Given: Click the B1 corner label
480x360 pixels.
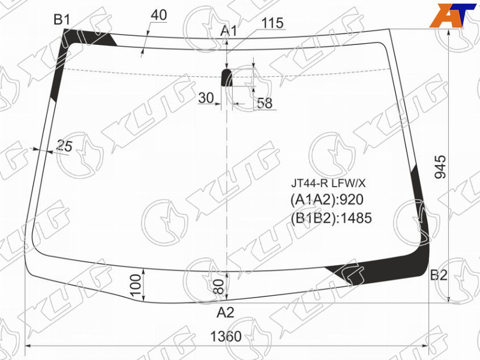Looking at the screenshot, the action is point(62,20).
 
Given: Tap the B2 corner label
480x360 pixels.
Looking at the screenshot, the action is point(439,275).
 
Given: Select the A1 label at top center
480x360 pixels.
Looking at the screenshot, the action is point(229,31).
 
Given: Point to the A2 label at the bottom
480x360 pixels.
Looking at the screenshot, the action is point(226,313).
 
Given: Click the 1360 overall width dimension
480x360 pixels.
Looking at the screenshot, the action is point(226,337).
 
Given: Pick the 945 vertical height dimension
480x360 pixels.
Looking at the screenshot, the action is point(441,167).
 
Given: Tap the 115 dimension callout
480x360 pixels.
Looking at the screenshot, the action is point(272,23).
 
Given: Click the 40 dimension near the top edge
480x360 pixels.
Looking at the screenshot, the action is point(159,14).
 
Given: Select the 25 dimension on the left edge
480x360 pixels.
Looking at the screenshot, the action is point(65,146).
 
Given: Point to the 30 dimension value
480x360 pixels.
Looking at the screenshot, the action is point(206,98).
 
